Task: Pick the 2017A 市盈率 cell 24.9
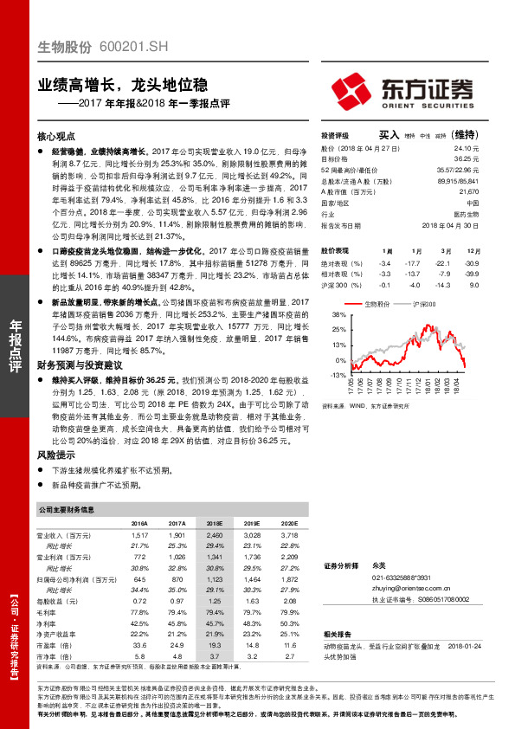177,646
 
